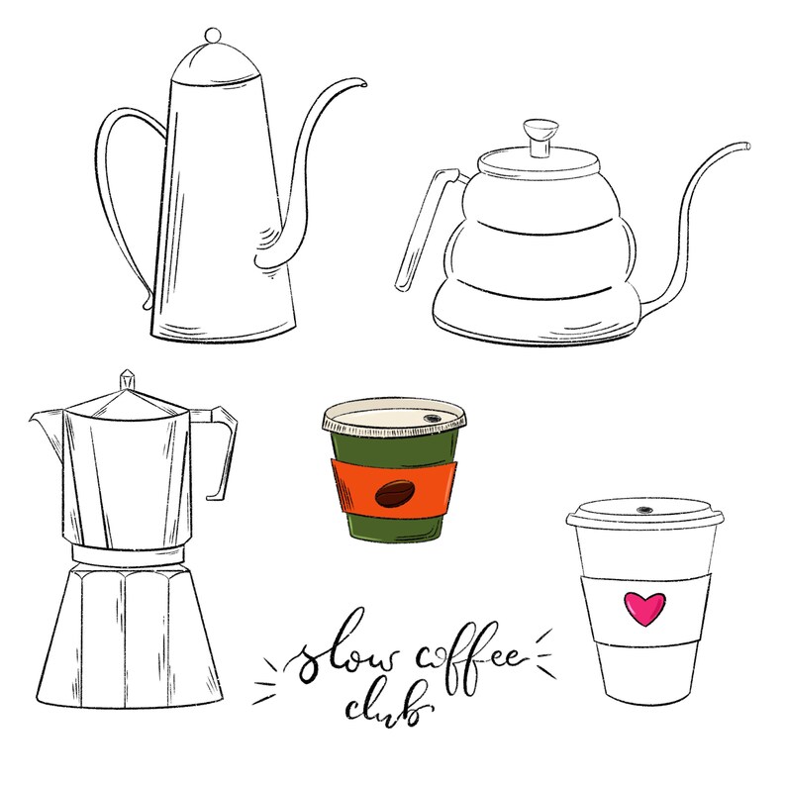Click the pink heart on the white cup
(643, 608)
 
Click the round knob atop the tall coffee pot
(212, 36)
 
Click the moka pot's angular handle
(226, 450)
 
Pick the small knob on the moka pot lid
(127, 380)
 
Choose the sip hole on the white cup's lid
(644, 511)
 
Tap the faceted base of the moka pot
(129, 634)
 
